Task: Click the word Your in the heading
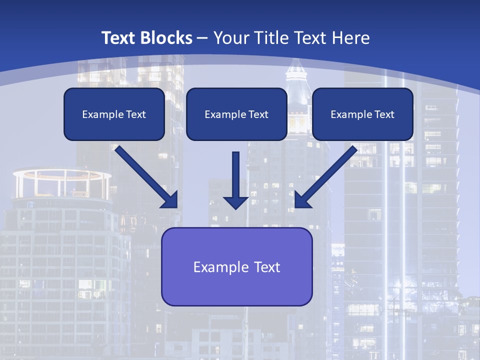tap(231, 38)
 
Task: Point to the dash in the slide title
tap(202, 38)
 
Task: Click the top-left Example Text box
tap(114, 114)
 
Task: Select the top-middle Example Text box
tap(236, 114)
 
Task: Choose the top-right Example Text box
tap(362, 114)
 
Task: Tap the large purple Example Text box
tap(236, 266)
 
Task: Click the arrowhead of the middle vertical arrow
tap(236, 202)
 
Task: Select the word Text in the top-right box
tap(384, 114)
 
